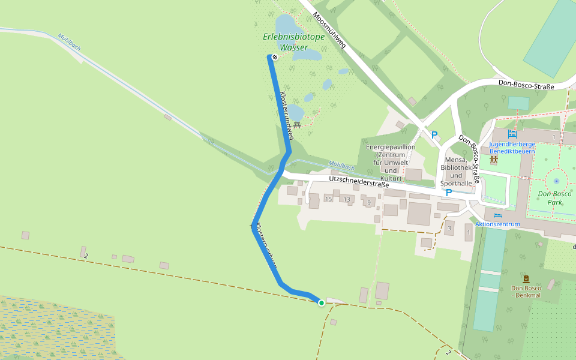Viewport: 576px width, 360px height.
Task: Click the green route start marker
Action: (x=322, y=302)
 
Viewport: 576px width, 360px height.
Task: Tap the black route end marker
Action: (x=275, y=58)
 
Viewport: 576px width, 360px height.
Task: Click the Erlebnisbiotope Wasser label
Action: (x=293, y=42)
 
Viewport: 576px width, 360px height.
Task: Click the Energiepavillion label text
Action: (x=390, y=147)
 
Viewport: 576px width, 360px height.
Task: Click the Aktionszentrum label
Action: (x=497, y=224)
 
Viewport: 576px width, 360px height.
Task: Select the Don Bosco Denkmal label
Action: (x=526, y=292)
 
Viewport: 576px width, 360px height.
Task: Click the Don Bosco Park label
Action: (x=554, y=198)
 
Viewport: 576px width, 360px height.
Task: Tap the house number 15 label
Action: (x=328, y=199)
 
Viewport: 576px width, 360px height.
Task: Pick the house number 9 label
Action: (x=368, y=202)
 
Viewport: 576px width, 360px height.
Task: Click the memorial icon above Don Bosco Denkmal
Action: (x=526, y=279)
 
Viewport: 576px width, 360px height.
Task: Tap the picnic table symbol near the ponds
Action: (x=296, y=125)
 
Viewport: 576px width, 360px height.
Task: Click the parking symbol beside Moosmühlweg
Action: (x=434, y=135)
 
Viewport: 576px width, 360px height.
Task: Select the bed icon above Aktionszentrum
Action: (x=497, y=215)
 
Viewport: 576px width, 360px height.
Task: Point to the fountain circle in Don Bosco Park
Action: (x=556, y=180)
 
